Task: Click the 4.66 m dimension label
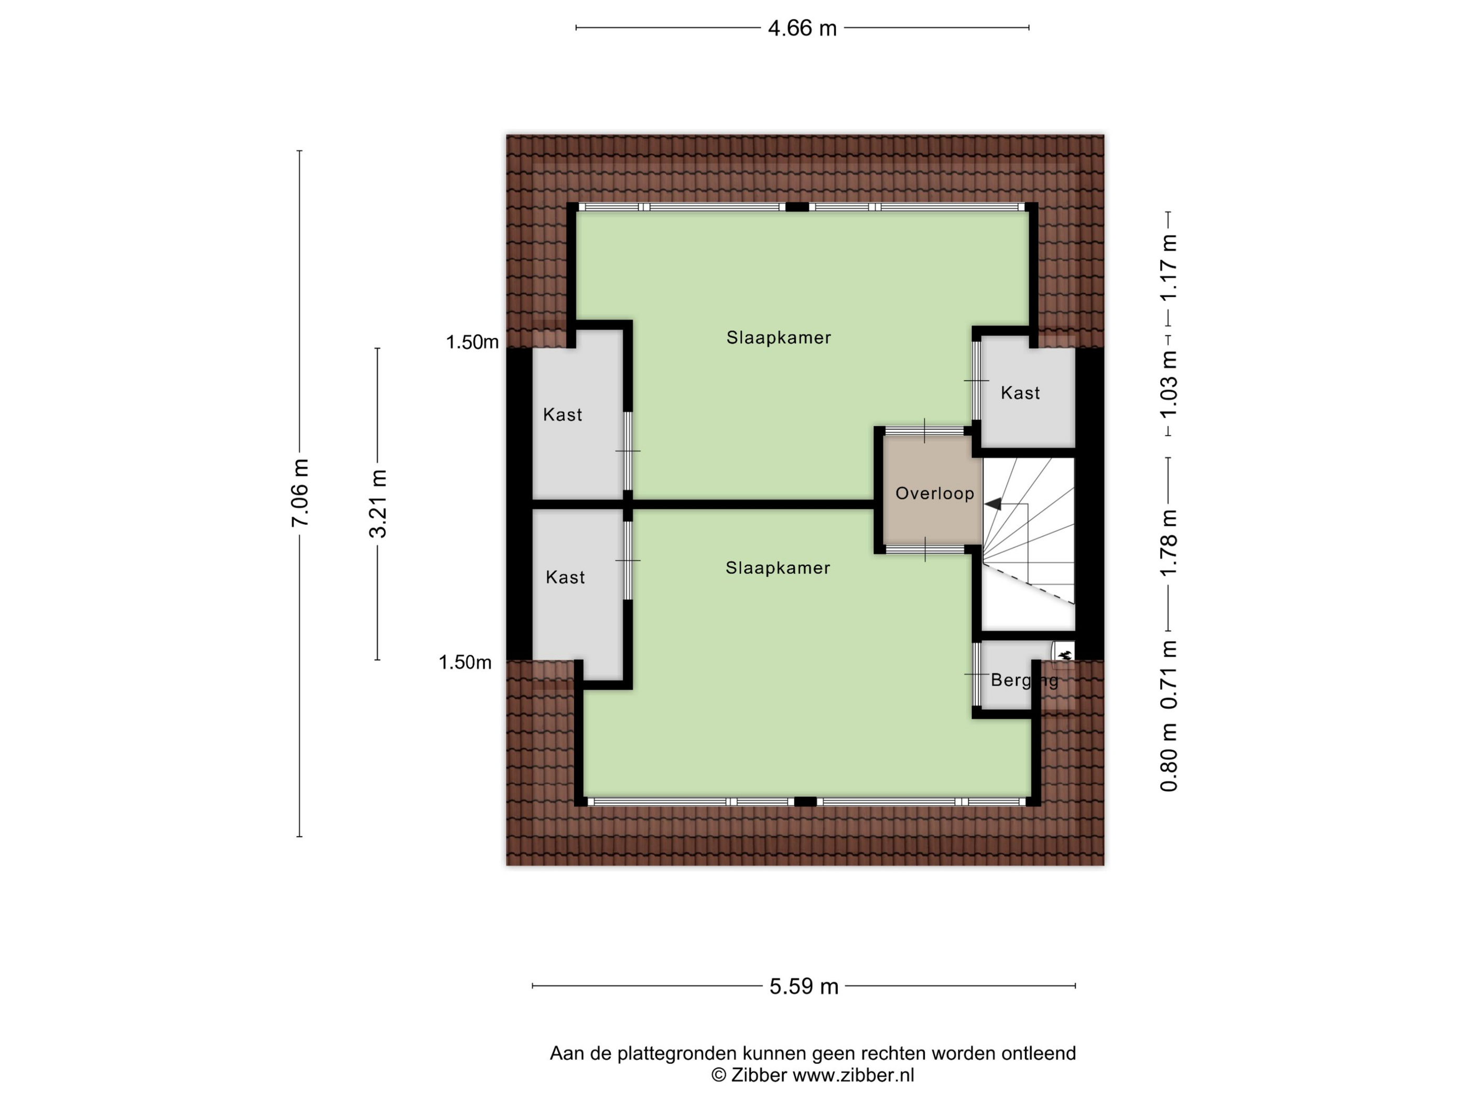coord(802,28)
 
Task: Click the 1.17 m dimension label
coord(1168,267)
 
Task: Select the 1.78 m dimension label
coord(1168,544)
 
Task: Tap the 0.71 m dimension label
coord(1168,674)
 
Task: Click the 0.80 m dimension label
coord(1168,757)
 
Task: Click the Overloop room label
coord(934,493)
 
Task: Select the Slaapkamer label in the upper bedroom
coord(779,338)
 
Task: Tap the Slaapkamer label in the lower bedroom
coord(778,568)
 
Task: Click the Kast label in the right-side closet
coord(1020,393)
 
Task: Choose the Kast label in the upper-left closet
coord(562,415)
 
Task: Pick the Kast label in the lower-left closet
coord(565,577)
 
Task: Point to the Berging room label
coord(1024,680)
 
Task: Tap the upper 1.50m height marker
coord(472,342)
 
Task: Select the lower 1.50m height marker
coord(465,662)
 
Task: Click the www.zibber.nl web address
coord(854,1075)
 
